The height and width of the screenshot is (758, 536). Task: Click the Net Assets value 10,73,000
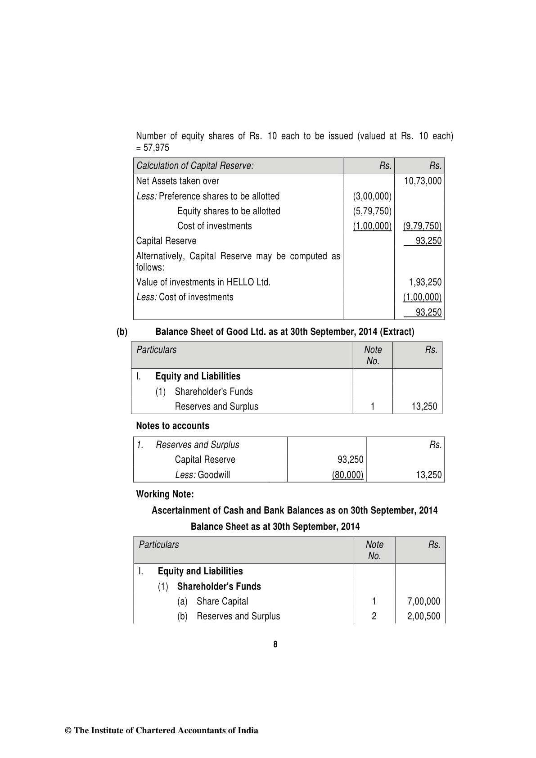(x=423, y=181)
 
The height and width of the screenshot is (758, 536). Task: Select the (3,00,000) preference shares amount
(x=372, y=196)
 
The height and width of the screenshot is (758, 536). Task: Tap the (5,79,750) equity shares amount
(x=372, y=211)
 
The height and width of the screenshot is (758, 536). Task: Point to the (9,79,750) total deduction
(x=422, y=226)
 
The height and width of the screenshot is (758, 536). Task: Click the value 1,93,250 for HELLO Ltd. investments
(x=425, y=282)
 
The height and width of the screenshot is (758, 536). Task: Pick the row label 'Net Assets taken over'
(x=178, y=181)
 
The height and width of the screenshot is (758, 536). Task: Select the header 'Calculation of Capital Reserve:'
(x=195, y=166)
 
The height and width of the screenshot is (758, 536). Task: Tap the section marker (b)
(x=122, y=332)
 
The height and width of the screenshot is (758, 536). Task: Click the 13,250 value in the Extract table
(x=424, y=406)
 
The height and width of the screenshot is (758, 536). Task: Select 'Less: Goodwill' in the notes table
(x=203, y=475)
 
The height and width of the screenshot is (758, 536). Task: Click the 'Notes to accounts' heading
(x=172, y=426)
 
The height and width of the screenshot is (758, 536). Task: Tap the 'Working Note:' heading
(x=165, y=494)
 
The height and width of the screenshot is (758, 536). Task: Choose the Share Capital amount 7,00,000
(x=423, y=601)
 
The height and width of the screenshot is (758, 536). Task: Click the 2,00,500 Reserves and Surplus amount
(x=423, y=616)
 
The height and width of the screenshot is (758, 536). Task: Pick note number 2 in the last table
(x=374, y=616)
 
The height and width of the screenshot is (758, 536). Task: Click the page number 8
(x=275, y=645)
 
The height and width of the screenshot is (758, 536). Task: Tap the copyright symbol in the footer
(x=68, y=731)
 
